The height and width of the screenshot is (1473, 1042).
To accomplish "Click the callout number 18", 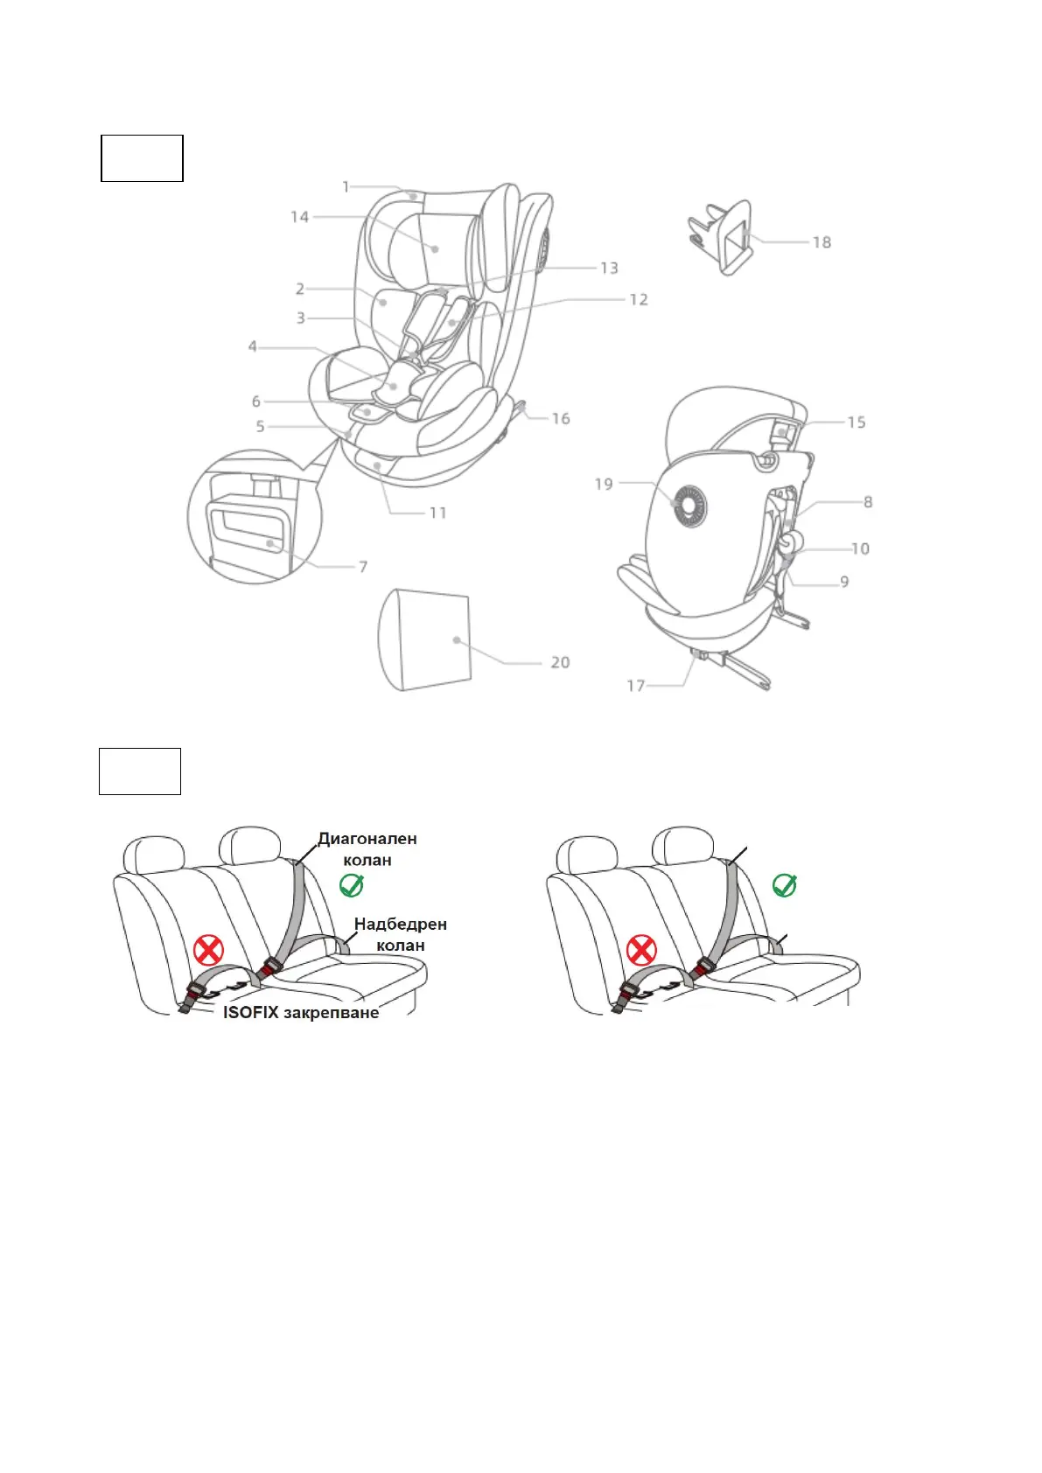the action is coord(822,242).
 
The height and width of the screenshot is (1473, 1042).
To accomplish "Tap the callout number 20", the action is coord(560,663).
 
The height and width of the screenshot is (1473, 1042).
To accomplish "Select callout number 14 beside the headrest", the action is coord(300,216).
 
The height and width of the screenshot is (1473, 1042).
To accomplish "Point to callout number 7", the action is coord(363,567).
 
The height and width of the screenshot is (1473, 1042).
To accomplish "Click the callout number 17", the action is coord(636,686).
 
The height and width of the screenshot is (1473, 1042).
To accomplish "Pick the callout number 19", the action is coord(604,484).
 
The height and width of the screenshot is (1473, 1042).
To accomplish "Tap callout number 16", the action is coord(560,418).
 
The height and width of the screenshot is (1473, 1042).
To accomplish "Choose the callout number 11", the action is coord(437,513).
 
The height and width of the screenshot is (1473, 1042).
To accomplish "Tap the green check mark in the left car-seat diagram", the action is coord(351,885).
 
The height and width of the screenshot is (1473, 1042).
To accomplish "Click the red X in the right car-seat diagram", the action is coord(641,949).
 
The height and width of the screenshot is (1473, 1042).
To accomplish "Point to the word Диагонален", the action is coord(367,839).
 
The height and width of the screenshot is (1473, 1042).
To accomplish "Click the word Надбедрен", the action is coord(401,924).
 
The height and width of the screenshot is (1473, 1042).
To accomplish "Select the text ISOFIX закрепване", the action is coord(301,1012).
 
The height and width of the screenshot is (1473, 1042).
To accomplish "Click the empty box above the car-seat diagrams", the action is coord(140,771).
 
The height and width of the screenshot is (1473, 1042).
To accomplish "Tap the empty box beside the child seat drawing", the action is coord(142,158).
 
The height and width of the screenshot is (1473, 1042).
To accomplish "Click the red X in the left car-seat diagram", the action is coord(208,949).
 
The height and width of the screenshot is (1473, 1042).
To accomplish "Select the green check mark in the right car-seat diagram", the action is coord(785,885).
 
